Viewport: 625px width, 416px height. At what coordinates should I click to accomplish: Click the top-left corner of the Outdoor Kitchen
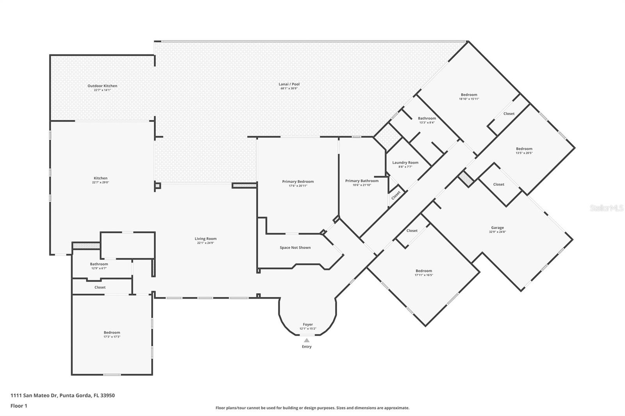(x=50, y=55)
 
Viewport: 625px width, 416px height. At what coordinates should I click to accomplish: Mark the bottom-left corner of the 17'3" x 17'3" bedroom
(x=72, y=375)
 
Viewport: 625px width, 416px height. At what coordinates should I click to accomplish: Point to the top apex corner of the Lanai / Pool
(x=468, y=41)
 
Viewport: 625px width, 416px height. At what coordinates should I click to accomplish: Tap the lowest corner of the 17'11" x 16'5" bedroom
(x=425, y=326)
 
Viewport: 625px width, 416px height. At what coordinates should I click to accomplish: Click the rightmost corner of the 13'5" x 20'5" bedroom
(x=575, y=148)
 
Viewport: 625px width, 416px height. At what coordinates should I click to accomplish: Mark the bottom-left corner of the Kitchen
(x=50, y=254)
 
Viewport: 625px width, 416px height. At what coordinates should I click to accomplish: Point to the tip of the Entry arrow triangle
(x=307, y=338)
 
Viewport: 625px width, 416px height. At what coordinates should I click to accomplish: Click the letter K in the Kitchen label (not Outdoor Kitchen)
(x=95, y=178)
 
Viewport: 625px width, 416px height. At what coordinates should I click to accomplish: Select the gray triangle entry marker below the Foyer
(x=307, y=340)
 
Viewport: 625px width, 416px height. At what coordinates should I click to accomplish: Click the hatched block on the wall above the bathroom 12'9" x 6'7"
(x=86, y=245)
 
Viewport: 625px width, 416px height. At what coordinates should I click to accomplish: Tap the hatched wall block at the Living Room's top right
(x=245, y=185)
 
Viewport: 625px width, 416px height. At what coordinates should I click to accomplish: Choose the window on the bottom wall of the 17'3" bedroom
(x=112, y=375)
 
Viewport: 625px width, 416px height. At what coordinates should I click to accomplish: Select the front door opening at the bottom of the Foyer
(x=307, y=335)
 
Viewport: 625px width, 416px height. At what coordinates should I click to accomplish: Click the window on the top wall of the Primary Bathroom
(x=356, y=137)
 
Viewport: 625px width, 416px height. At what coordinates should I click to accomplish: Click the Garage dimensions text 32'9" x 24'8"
(x=498, y=232)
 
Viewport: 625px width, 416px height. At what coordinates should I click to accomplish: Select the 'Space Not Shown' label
(x=295, y=247)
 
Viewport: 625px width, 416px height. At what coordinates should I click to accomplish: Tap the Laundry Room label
(x=405, y=163)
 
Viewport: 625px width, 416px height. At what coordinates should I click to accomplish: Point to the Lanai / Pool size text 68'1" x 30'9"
(x=289, y=88)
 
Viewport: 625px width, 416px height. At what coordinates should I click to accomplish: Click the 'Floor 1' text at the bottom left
(x=19, y=406)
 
